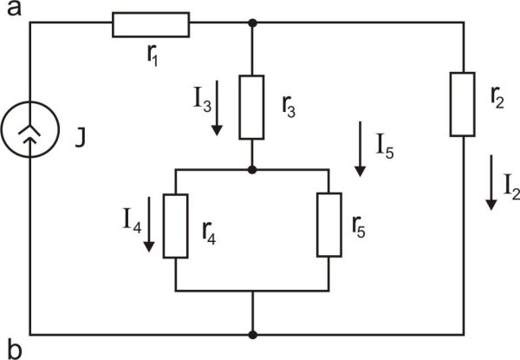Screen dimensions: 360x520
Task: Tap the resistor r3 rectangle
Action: click(251, 108)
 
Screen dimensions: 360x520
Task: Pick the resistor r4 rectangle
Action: click(175, 226)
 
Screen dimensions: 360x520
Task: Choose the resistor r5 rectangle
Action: click(328, 225)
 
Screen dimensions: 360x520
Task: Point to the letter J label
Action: click(80, 136)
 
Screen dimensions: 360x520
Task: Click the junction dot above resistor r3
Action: click(251, 23)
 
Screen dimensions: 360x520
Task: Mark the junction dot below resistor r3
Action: click(251, 169)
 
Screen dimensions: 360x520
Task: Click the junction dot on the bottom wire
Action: click(252, 334)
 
